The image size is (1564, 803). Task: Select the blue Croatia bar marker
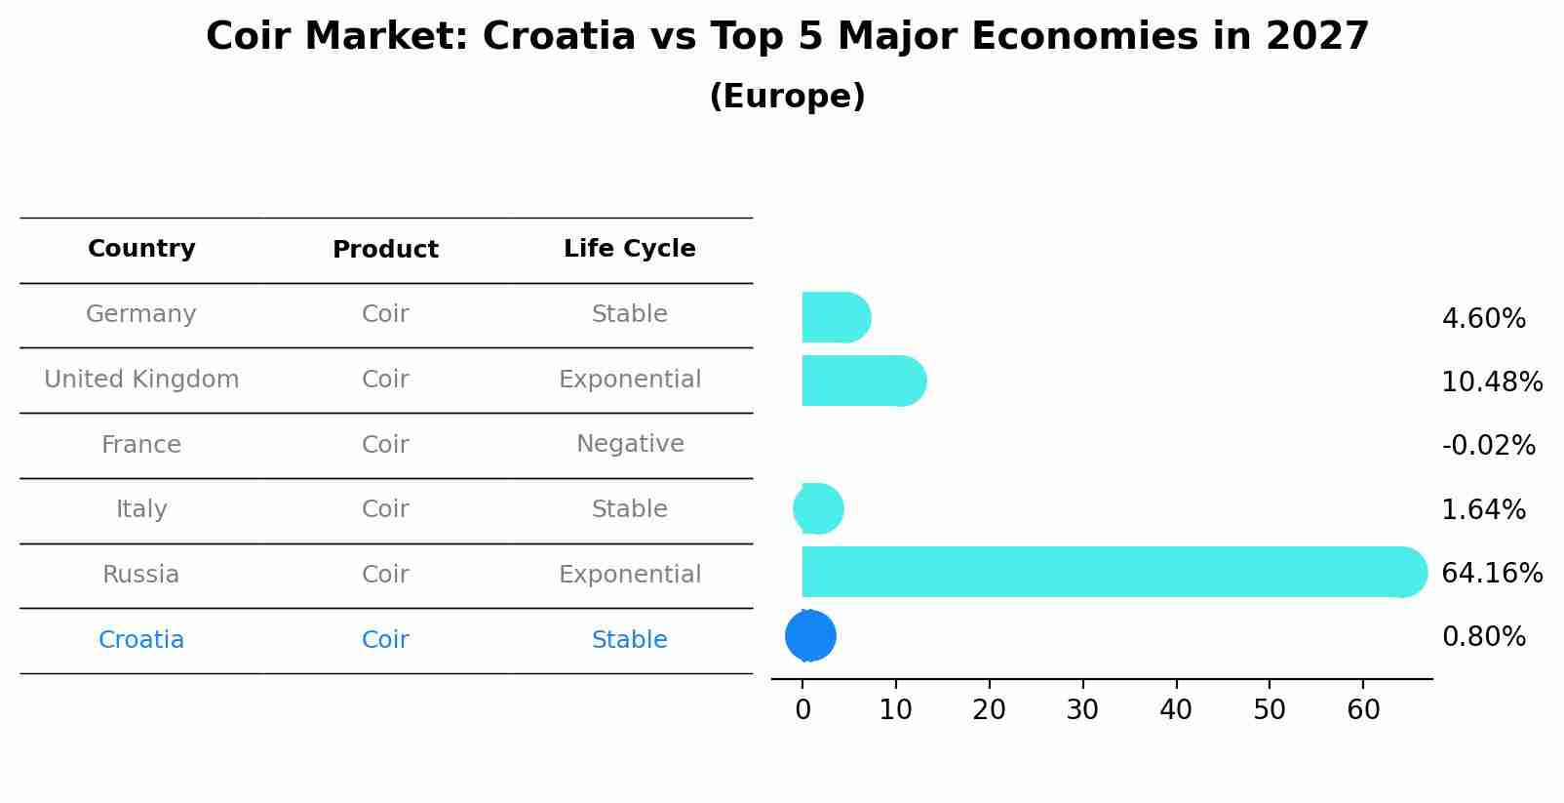tap(810, 635)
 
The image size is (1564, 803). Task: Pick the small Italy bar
tap(818, 508)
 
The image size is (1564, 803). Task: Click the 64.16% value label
tap(1492, 573)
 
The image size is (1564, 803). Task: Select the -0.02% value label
tap(1488, 445)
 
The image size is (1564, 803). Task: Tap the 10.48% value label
tap(1492, 381)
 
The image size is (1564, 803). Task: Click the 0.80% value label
tap(1483, 636)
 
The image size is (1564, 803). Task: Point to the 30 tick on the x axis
tap(1082, 709)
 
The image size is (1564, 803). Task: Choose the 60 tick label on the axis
tap(1363, 709)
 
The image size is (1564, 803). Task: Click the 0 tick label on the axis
tap(802, 709)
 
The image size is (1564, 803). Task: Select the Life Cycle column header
tap(629, 249)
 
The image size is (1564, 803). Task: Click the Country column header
tap(141, 249)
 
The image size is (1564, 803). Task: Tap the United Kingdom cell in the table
tap(141, 380)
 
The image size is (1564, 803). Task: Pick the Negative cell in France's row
tap(629, 444)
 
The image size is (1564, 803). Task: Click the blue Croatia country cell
tap(141, 640)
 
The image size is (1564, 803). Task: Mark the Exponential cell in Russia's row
tap(629, 575)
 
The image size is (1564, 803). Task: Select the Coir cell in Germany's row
tap(385, 314)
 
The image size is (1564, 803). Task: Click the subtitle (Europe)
tap(787, 97)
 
